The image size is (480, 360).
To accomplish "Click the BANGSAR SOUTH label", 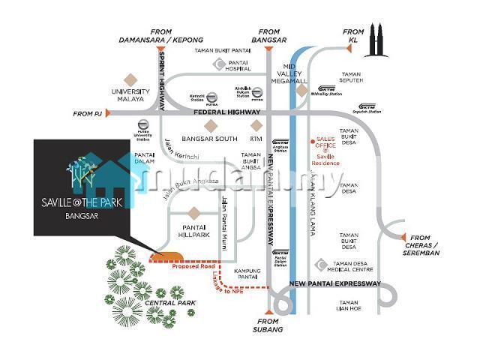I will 211,139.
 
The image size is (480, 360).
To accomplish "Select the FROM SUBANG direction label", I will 268,328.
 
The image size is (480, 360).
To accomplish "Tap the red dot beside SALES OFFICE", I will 312,141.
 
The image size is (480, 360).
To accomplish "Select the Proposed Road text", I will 193,266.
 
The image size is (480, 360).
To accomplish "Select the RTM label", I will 257,139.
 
